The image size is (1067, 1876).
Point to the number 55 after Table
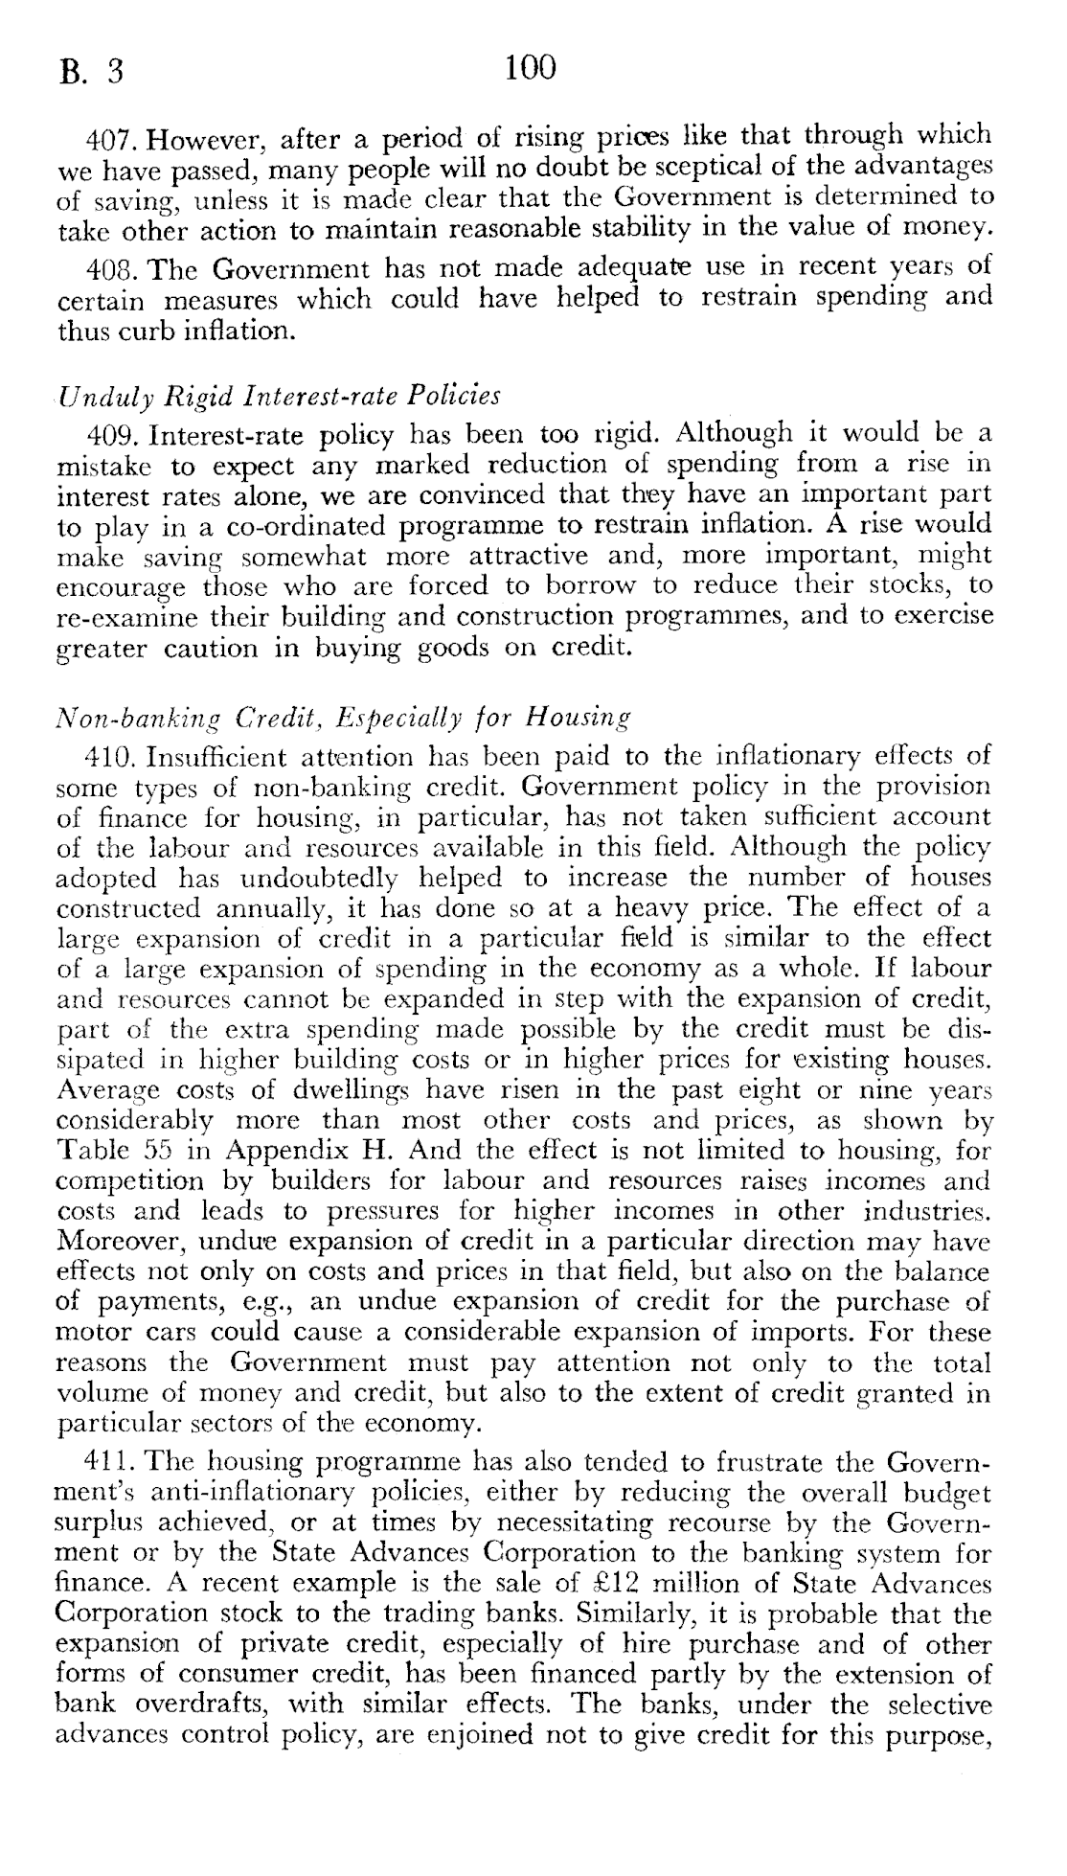click(153, 1151)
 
